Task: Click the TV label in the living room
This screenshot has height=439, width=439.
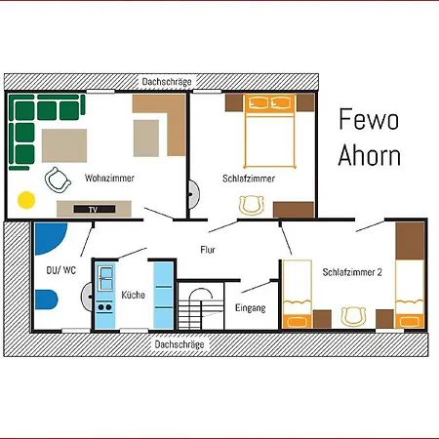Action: (93, 210)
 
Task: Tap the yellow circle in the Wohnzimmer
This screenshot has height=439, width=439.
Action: (26, 200)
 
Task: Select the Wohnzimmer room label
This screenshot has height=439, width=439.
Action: (109, 178)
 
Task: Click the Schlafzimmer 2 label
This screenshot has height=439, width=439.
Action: (352, 272)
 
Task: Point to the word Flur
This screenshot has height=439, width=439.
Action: (208, 250)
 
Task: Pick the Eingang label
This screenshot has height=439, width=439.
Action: (251, 307)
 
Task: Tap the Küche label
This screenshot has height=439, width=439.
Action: (133, 295)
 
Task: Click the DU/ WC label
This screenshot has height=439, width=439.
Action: (61, 270)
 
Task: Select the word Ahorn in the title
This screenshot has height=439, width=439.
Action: (370, 155)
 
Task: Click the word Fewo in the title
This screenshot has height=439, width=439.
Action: (369, 119)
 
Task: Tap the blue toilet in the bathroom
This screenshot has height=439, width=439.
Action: (46, 299)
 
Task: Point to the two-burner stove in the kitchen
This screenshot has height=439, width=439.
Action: (104, 307)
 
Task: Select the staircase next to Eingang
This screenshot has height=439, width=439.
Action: (201, 305)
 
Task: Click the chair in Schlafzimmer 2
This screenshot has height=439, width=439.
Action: (353, 316)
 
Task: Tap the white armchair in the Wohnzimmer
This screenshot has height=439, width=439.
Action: (58, 180)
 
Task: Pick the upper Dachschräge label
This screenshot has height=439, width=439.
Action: (167, 82)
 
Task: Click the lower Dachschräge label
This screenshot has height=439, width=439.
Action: (180, 344)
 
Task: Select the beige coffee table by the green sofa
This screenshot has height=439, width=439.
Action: (64, 145)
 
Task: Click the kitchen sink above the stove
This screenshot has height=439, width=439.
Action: (105, 278)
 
